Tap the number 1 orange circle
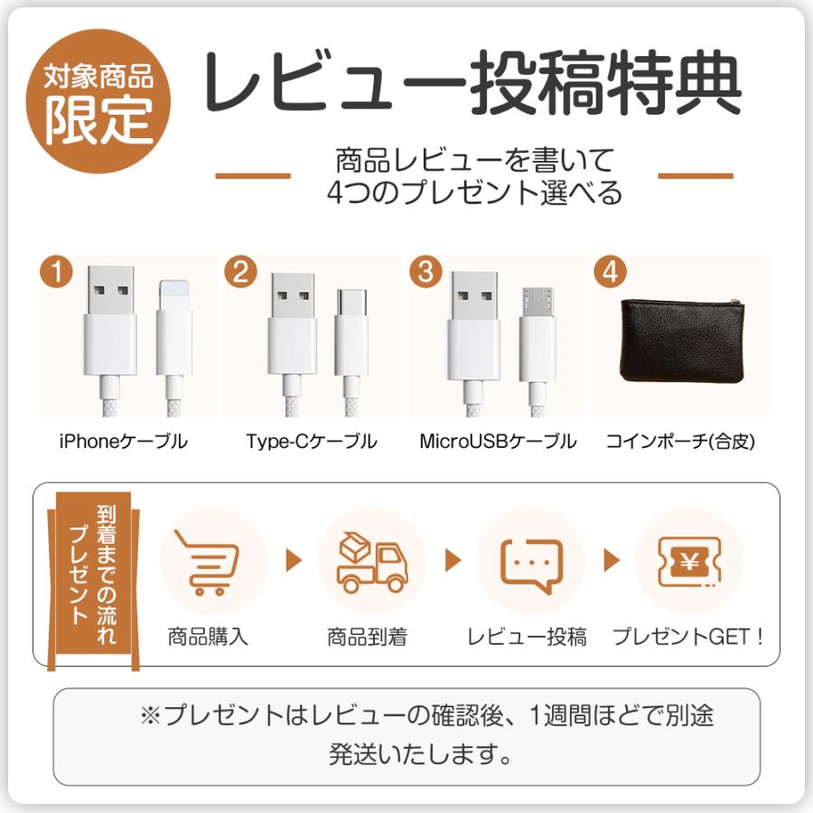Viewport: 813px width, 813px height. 57,272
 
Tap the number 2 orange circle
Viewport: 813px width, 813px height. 240,272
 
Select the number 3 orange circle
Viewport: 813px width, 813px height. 425,272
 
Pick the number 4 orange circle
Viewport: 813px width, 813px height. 612,272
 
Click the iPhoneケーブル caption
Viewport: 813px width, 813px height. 123,442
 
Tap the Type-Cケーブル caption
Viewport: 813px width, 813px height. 312,442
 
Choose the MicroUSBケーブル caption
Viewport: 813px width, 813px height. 498,442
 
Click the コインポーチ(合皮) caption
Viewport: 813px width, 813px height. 680,442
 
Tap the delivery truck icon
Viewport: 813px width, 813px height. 371,562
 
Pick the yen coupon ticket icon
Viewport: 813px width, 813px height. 689,562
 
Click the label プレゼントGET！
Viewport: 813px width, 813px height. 689,637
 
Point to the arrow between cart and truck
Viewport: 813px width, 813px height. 293,561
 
